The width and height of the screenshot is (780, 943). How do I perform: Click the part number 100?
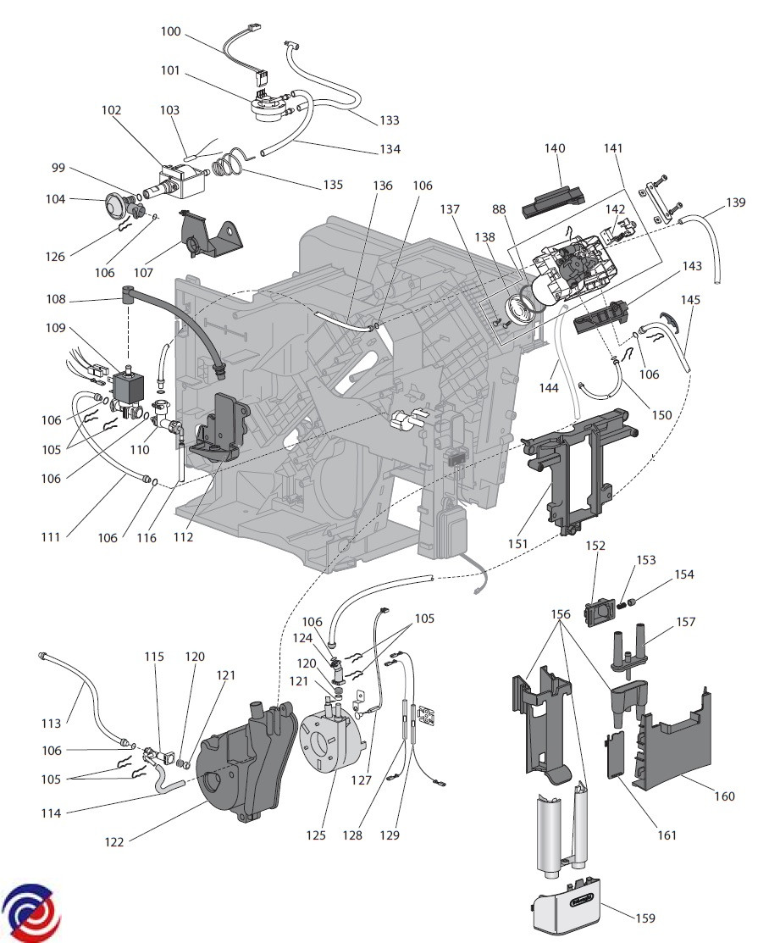170,31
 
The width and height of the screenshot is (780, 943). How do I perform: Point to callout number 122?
114,842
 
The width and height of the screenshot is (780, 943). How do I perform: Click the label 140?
555,148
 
